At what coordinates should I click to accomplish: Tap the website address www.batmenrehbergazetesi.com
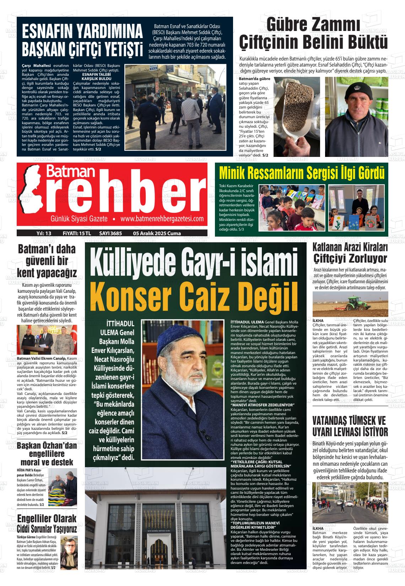(x=162, y=218)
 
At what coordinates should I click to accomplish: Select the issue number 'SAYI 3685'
(x=110, y=233)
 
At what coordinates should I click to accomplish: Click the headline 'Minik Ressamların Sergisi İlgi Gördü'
(x=302, y=173)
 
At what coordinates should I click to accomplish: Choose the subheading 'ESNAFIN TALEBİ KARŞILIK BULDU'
(x=97, y=76)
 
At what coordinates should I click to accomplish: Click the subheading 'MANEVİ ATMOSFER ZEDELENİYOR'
(x=262, y=405)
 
